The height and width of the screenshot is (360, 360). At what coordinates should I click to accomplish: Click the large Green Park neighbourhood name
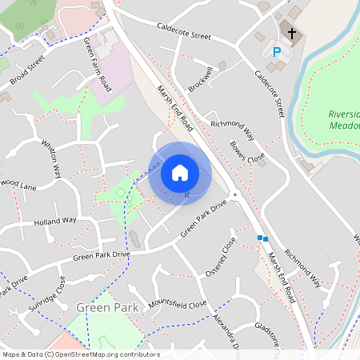tap(108, 307)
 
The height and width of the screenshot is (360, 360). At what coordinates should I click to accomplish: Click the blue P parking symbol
tap(278, 52)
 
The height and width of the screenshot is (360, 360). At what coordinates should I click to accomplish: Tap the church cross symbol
tap(292, 34)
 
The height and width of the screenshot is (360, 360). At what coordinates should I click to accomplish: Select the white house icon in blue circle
tap(180, 172)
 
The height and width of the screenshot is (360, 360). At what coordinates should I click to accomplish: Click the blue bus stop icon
tap(262, 238)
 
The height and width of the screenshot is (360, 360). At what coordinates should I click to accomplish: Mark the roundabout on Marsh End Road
tap(234, 194)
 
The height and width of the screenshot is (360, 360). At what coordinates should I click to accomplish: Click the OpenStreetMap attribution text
tap(81, 354)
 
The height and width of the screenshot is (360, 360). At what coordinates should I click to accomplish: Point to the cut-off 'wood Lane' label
tap(18, 185)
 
